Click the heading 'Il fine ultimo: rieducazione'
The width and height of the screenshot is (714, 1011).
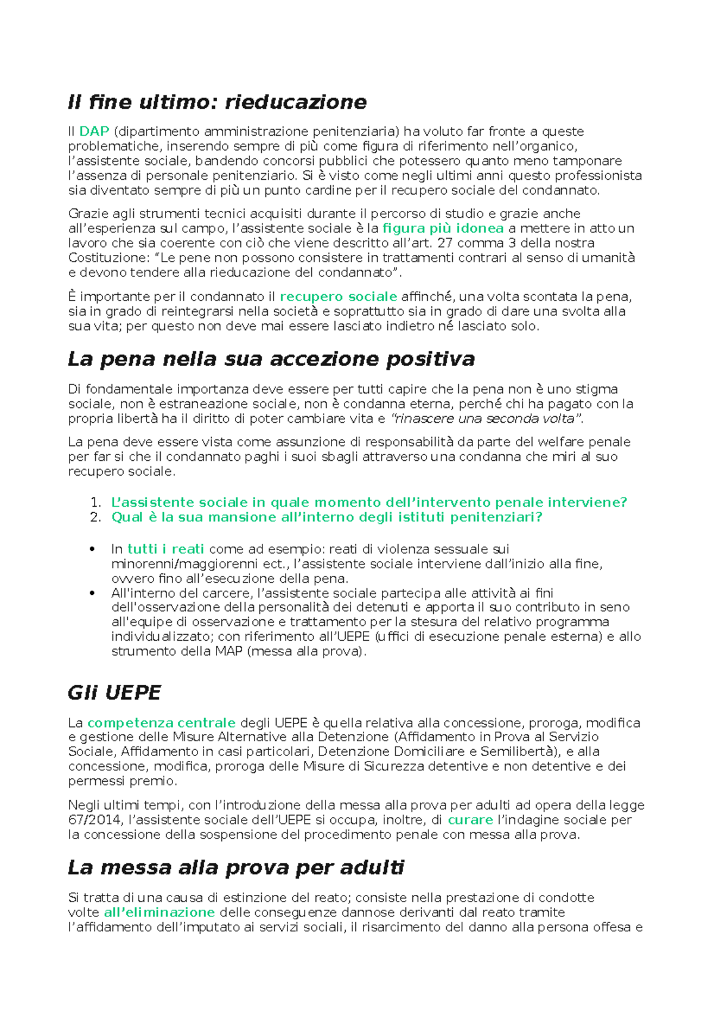tap(217, 102)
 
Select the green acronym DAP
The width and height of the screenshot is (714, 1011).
tap(94, 132)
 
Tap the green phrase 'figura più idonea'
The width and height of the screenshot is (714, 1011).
tap(443, 229)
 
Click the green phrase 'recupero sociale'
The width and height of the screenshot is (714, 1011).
tap(338, 297)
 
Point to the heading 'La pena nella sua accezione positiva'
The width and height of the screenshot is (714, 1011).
tap(271, 360)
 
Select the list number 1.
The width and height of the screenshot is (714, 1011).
tap(95, 503)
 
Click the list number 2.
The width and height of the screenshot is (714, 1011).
tap(95, 517)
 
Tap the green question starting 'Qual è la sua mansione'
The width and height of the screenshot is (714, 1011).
tap(327, 517)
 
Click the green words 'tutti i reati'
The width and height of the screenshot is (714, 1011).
tap(165, 549)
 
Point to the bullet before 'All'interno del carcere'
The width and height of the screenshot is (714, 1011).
tap(92, 593)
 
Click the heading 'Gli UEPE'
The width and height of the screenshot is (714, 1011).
tap(114, 693)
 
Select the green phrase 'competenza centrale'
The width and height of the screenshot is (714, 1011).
tap(161, 723)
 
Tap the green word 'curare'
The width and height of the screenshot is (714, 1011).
tap(470, 820)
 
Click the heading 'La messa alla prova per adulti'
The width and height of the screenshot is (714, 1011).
tap(236, 868)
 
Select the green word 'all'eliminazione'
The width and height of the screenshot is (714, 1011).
tap(159, 913)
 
